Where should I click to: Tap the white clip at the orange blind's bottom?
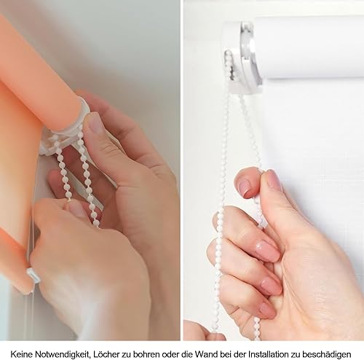pyautogui.click(x=33, y=275)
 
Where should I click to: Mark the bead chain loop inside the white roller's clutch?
pyautogui.click(x=229, y=65)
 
